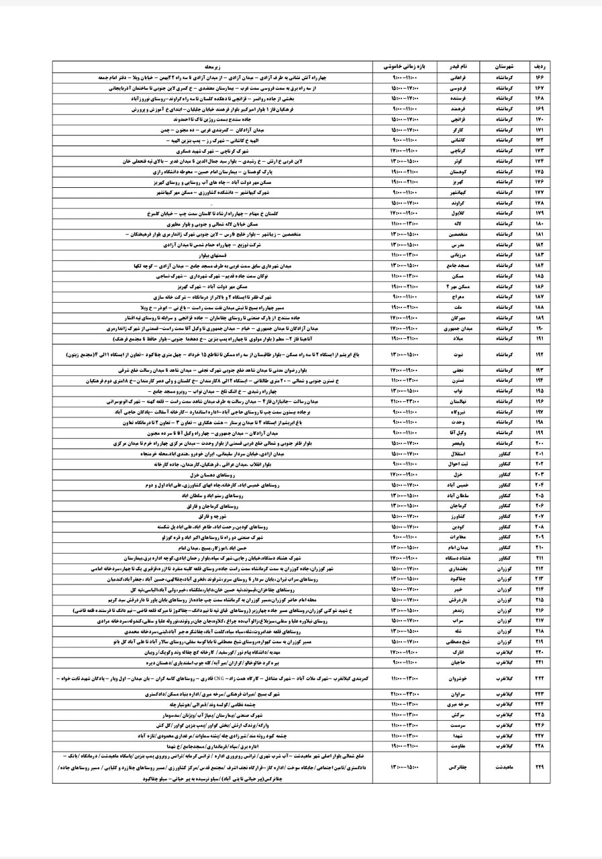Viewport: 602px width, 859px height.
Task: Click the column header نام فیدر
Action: [458, 68]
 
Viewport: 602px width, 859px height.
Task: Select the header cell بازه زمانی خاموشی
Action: [405, 68]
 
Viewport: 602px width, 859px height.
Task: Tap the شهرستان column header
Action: [503, 68]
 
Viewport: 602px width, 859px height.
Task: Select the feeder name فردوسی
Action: [458, 88]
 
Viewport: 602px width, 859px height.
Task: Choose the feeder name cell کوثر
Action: [458, 162]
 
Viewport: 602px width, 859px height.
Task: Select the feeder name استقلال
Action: [458, 453]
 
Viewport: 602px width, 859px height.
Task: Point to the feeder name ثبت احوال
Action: [458, 464]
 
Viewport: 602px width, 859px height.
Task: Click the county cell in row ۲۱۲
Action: [503, 567]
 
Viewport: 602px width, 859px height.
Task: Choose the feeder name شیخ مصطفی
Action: [458, 642]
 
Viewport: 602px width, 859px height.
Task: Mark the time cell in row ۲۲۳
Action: [405, 693]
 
